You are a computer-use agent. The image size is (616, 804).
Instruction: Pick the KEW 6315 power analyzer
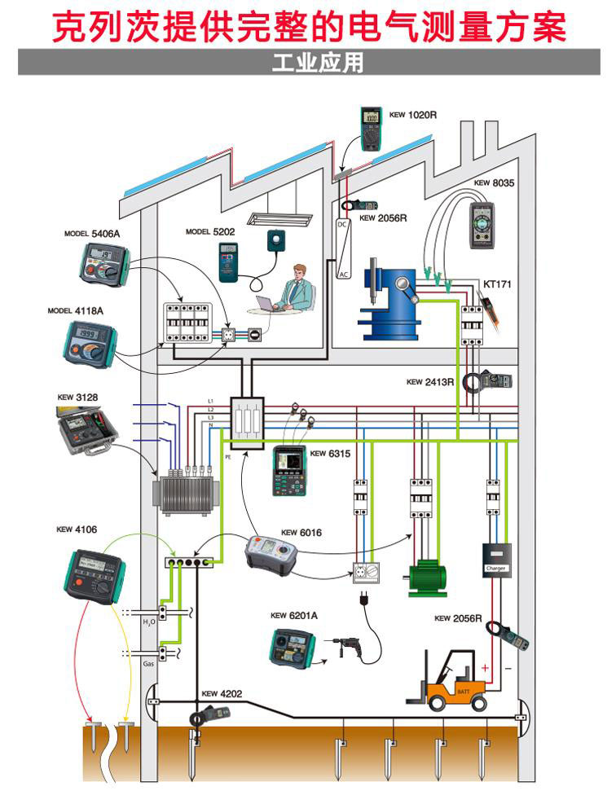click(289, 470)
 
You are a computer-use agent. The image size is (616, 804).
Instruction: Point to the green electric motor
click(427, 578)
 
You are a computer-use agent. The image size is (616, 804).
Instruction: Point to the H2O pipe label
click(149, 622)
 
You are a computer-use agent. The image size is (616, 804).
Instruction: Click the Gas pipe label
click(149, 664)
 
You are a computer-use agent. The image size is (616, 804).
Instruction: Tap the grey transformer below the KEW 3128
click(186, 494)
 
